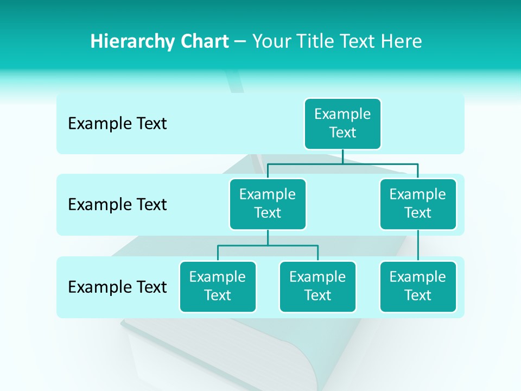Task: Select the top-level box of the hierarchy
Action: (x=342, y=123)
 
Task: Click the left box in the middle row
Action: (x=268, y=204)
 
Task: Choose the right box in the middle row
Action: (x=418, y=204)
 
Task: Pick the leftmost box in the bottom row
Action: (x=218, y=286)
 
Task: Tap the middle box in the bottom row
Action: (x=317, y=286)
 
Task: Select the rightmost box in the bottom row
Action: (x=418, y=286)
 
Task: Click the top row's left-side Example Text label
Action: (x=117, y=124)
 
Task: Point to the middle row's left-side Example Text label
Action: (x=117, y=205)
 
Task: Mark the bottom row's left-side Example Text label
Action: (x=117, y=287)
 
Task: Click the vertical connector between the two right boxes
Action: (x=418, y=245)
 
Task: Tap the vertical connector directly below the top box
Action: (x=342, y=156)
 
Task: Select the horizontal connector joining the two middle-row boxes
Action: (x=342, y=163)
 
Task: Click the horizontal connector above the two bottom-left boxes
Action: (x=268, y=245)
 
